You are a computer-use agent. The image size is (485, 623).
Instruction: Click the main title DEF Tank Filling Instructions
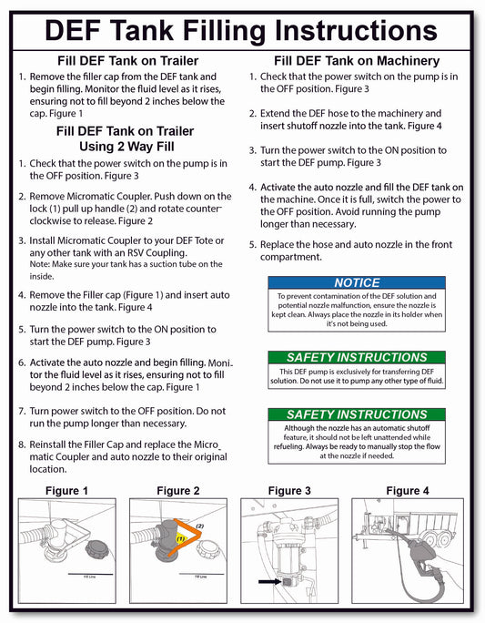pos(241,31)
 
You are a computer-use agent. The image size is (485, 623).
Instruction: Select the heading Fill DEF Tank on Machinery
pos(357,61)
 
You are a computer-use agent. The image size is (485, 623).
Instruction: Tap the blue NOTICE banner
pos(357,282)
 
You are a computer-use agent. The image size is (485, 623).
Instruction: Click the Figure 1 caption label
pos(66,491)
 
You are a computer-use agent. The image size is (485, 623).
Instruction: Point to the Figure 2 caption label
pos(178,491)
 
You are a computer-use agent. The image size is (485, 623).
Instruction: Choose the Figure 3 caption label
pos(289,491)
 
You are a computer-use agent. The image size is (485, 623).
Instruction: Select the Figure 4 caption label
pos(408,491)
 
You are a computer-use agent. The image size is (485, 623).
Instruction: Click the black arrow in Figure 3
pos(269,582)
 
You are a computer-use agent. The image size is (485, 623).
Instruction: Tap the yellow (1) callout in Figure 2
pos(181,539)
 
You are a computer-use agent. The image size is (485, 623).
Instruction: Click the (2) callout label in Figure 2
pos(200,526)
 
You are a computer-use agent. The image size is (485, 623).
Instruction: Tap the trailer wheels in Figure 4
pos(440,540)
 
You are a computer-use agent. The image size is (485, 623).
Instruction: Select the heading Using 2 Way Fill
pos(126,147)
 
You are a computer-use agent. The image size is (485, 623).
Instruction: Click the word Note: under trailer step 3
pos(40,264)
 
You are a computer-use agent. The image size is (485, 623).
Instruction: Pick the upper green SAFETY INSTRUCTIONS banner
pos(357,357)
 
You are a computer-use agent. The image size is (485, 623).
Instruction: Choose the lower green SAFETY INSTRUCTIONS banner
pos(357,414)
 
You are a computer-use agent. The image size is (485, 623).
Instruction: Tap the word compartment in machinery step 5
pos(291,257)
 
